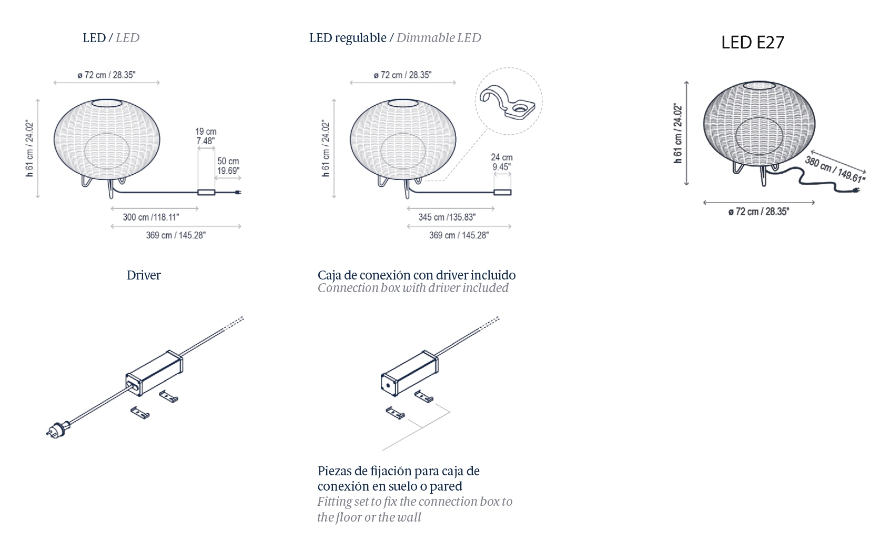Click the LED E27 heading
753,43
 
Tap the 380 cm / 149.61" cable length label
834,169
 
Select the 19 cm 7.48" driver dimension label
206,136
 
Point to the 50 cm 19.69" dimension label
228,166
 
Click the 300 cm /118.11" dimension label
151,217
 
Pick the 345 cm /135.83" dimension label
447,217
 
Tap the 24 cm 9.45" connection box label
501,162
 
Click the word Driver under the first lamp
144,275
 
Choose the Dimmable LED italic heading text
439,38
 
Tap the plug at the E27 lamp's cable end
855,191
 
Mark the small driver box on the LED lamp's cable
206,192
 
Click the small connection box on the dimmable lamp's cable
502,192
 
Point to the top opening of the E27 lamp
759,85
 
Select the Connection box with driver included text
413,288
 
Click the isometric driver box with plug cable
154,373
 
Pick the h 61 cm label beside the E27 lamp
678,134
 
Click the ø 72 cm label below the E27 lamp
758,212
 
